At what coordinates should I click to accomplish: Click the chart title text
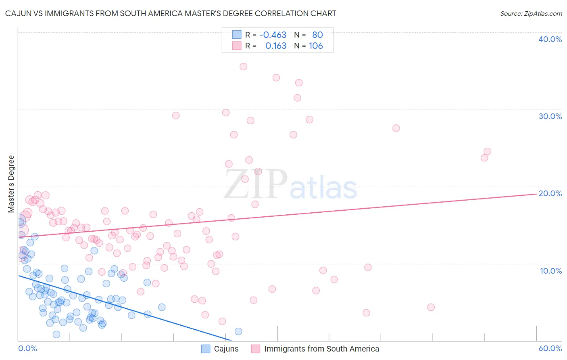tap(171, 13)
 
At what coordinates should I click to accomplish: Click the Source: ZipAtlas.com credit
tap(531, 14)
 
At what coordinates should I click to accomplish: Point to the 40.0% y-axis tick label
tap(550, 39)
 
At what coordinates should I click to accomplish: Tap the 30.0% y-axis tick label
tap(550, 116)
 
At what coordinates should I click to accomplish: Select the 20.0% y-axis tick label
tap(550, 193)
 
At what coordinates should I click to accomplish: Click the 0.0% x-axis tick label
tap(27, 348)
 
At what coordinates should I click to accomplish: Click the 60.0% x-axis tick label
tap(550, 348)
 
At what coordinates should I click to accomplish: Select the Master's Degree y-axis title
tap(11, 184)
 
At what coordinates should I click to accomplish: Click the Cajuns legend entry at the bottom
tap(226, 349)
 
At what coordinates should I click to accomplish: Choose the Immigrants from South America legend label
tap(321, 349)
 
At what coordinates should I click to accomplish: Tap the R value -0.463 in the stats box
tap(273, 35)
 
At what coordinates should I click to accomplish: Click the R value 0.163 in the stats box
tap(276, 46)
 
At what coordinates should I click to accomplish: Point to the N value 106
tap(316, 46)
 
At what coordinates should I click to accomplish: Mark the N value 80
tap(317, 35)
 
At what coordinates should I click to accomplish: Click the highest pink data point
tap(243, 67)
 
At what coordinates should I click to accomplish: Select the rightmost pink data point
tap(487, 151)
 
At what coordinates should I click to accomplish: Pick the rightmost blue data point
tap(238, 331)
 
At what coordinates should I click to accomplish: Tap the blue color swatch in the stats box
tap(237, 35)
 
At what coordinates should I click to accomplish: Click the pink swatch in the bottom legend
tap(255, 349)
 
